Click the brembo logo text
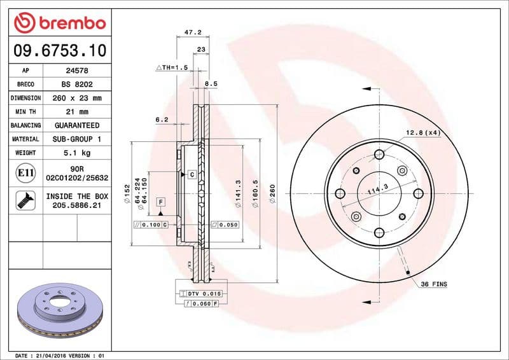point(68,24)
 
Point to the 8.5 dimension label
point(211,83)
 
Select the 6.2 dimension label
point(162,119)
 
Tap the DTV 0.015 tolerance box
point(201,293)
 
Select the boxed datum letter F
point(160,202)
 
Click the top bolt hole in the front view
point(379,154)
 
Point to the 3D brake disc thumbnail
point(58,311)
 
